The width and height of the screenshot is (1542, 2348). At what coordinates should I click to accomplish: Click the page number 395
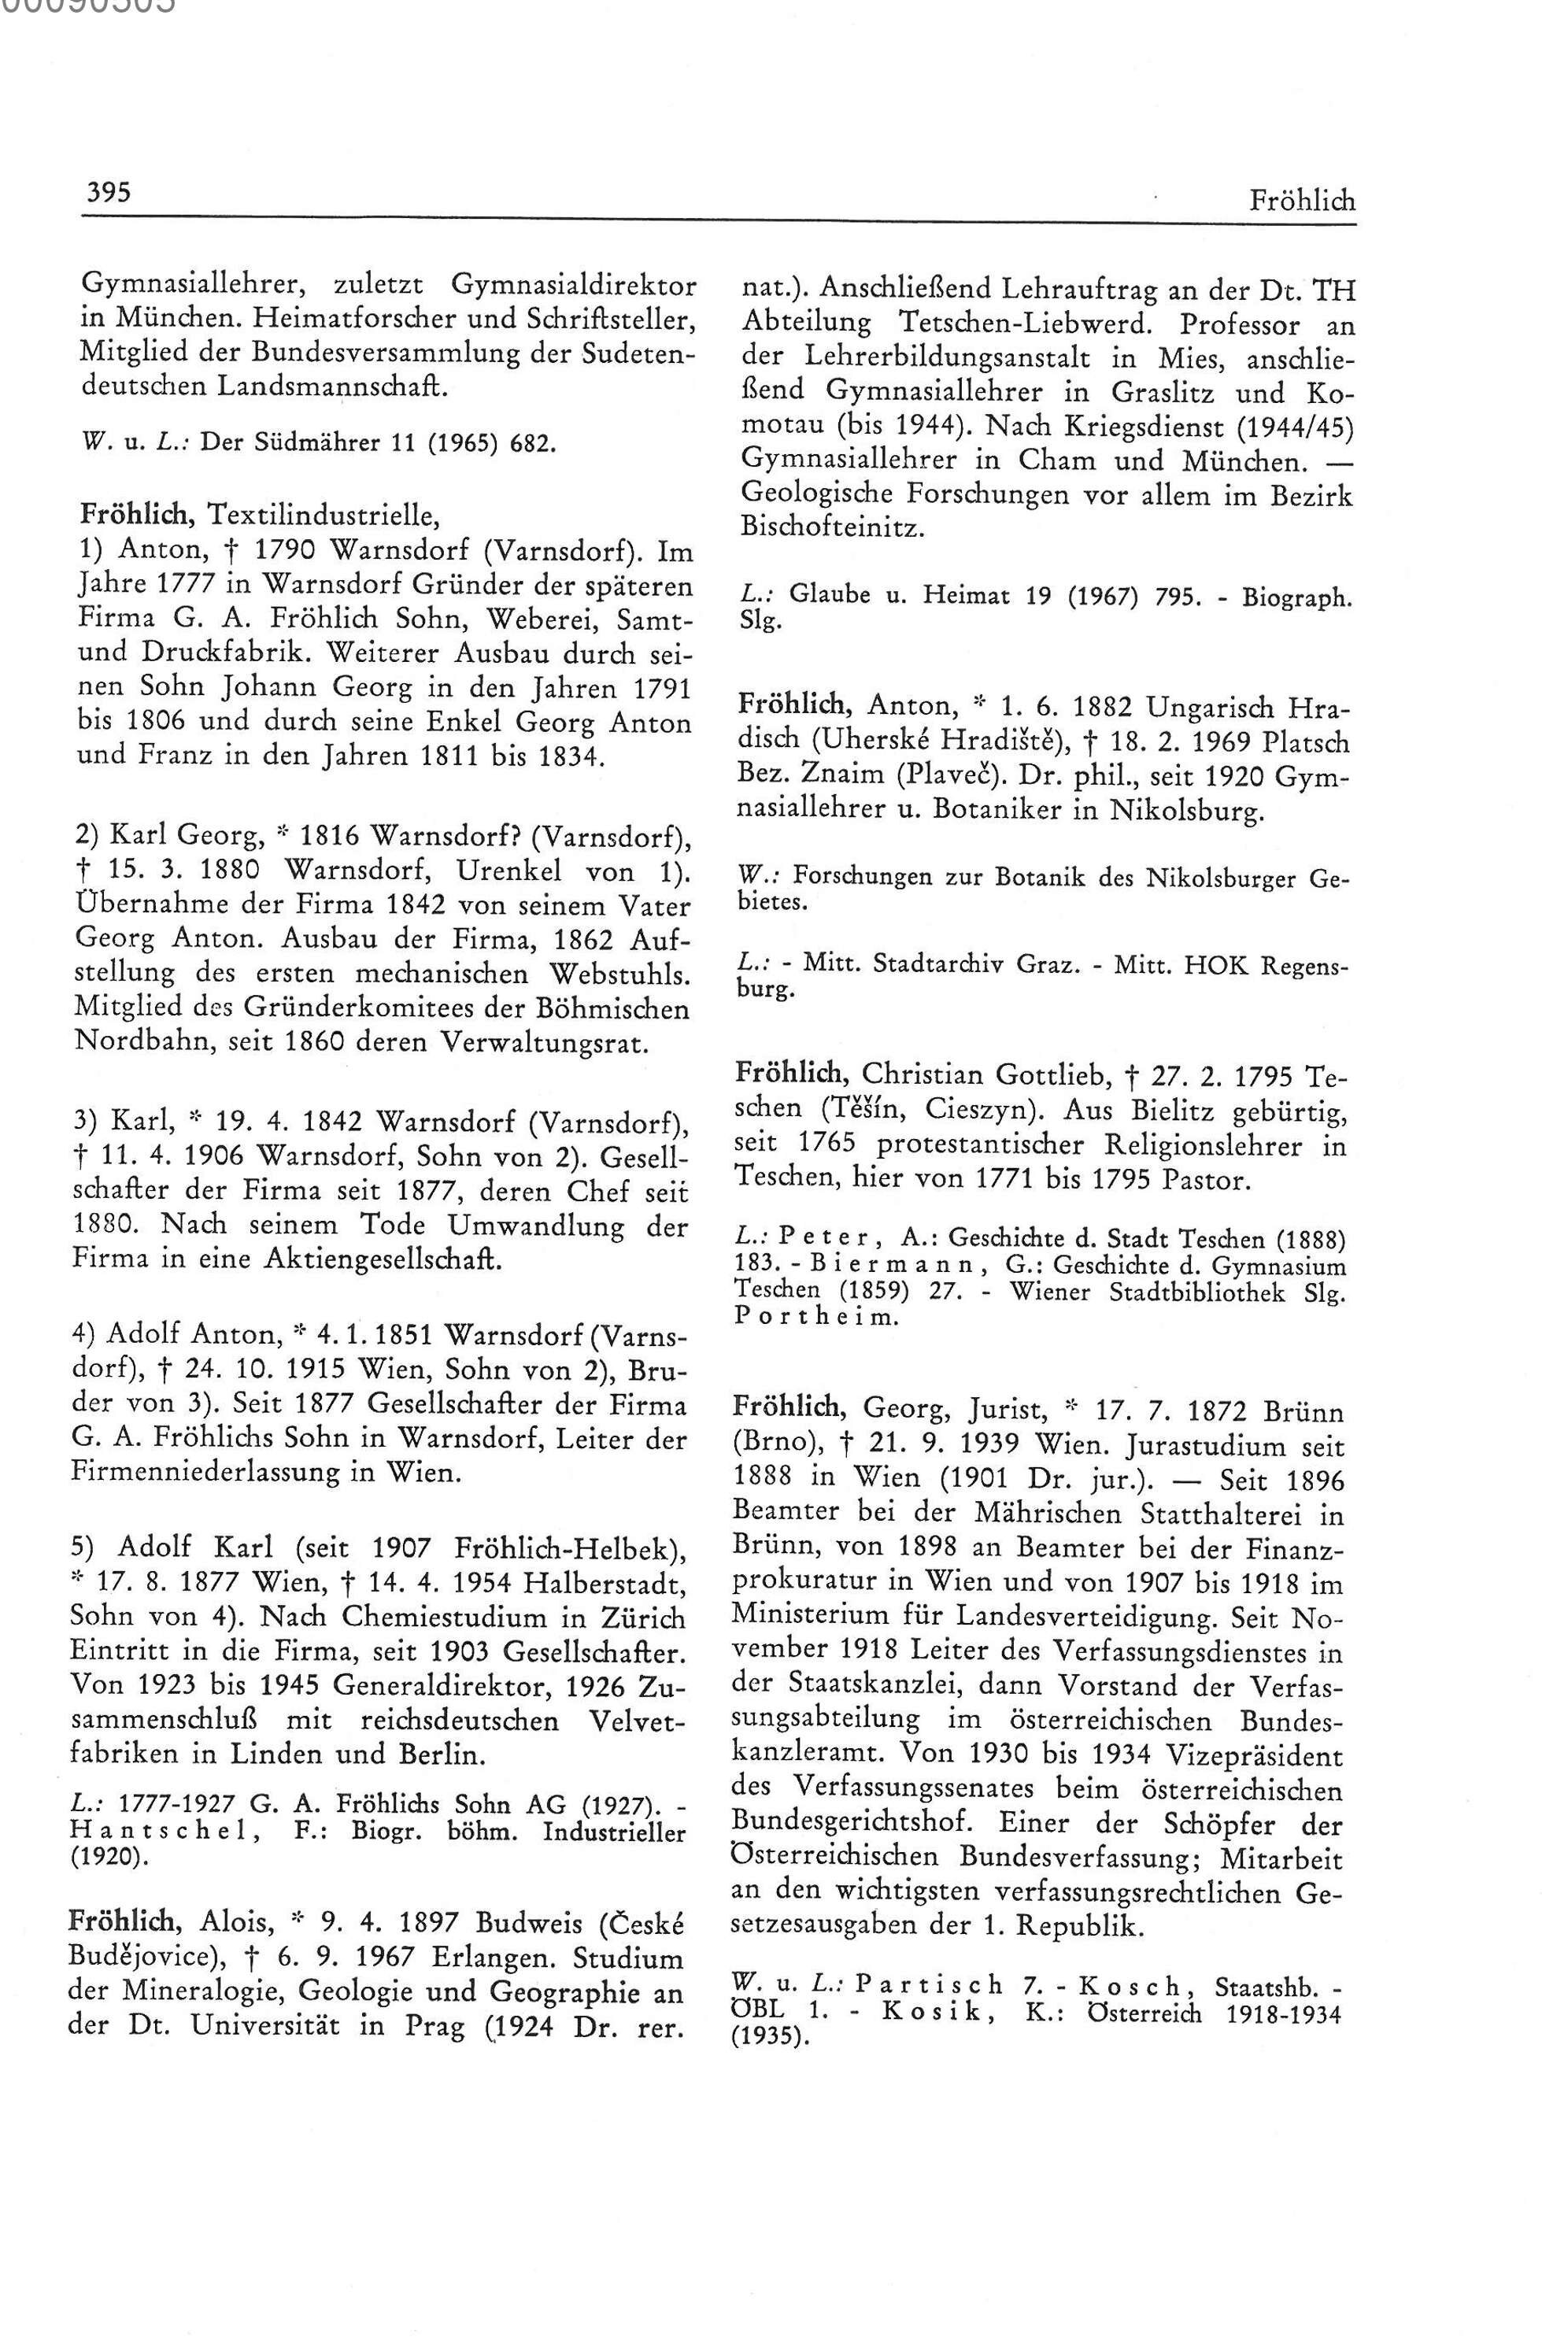(106, 190)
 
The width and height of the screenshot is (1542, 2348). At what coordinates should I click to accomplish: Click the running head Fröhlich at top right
(1301, 202)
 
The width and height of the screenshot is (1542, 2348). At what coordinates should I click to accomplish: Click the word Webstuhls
(619, 972)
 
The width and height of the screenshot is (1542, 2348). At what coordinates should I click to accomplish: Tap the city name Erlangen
(464, 1958)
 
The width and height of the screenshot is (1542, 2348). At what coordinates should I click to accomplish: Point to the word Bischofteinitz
(833, 528)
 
